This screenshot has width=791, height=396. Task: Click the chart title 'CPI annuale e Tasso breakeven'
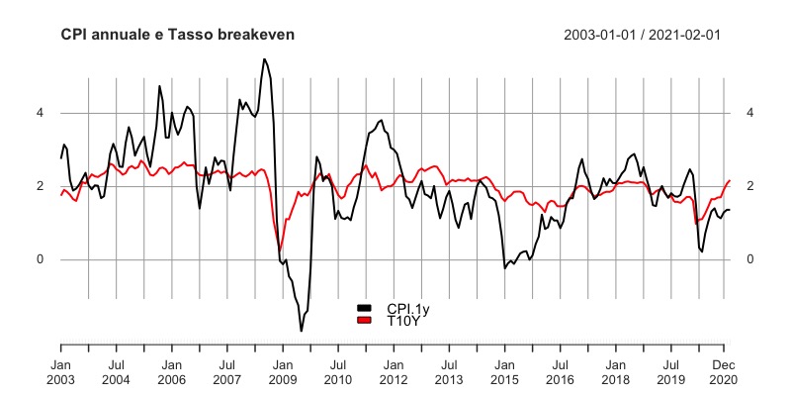[x=177, y=35]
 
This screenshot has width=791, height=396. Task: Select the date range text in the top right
[x=642, y=35]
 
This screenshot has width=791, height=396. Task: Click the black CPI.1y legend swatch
[x=365, y=310]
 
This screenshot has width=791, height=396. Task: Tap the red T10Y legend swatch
[x=365, y=321]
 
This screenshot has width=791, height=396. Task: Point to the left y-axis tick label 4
[x=41, y=113]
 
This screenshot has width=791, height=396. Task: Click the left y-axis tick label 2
[x=41, y=186]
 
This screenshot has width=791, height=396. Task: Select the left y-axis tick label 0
[x=41, y=259]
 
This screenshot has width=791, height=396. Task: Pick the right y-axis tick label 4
[x=750, y=113]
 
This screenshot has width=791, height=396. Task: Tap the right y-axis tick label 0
[x=750, y=259]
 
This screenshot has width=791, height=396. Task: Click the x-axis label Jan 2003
[x=61, y=371]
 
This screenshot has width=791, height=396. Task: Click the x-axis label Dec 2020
[x=723, y=371]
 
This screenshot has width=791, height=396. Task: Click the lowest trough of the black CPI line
[x=302, y=331]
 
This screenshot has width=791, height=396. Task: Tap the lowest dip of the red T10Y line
[x=280, y=248]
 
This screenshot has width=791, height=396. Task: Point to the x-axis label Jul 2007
[x=226, y=371]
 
